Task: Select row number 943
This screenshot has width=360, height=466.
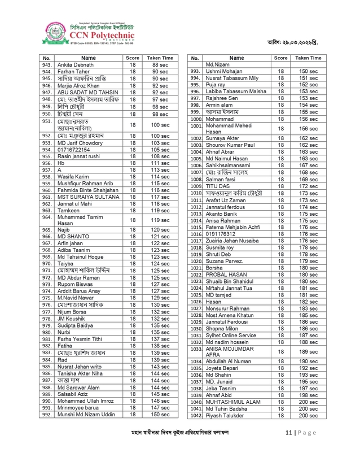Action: (47, 65)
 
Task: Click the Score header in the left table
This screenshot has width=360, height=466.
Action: (133, 58)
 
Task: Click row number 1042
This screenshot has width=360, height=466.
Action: (196, 415)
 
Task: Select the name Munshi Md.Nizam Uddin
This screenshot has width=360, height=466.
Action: (86, 414)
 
